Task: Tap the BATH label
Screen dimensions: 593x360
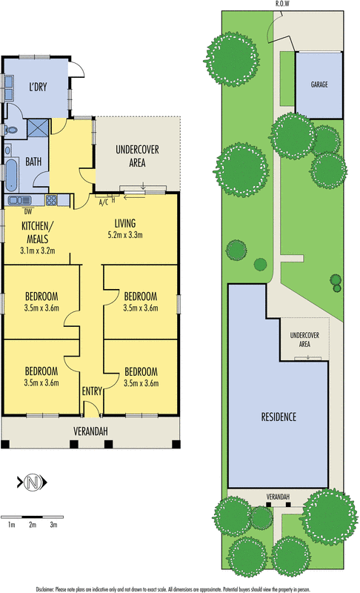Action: tap(33, 161)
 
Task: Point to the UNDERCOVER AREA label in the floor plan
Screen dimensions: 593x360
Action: tap(137, 156)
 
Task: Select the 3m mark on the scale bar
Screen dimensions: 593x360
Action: tap(53, 524)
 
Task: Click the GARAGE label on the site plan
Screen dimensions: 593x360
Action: tap(319, 85)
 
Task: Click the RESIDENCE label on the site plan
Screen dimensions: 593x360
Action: tap(279, 417)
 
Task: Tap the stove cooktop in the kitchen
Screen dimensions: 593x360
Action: tap(51, 199)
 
